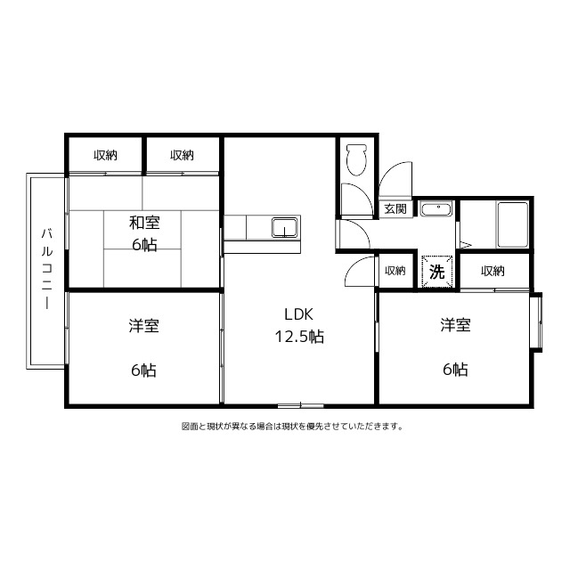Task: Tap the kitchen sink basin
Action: click(284, 228)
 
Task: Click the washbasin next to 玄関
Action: click(436, 210)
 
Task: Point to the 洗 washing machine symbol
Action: click(436, 271)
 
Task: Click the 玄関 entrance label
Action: click(395, 209)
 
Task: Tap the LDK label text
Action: click(298, 313)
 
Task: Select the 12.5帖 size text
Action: click(298, 337)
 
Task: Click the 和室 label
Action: click(143, 221)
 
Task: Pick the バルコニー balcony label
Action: click(45, 267)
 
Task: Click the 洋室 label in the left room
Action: click(143, 326)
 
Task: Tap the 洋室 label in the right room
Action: click(455, 326)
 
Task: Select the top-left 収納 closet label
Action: click(105, 155)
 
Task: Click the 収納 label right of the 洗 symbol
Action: click(493, 271)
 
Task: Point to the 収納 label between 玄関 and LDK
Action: click(395, 271)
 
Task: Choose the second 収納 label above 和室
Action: click(182, 155)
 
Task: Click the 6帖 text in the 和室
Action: click(143, 244)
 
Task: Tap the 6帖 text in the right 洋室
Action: click(455, 369)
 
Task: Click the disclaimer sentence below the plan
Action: click(292, 426)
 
